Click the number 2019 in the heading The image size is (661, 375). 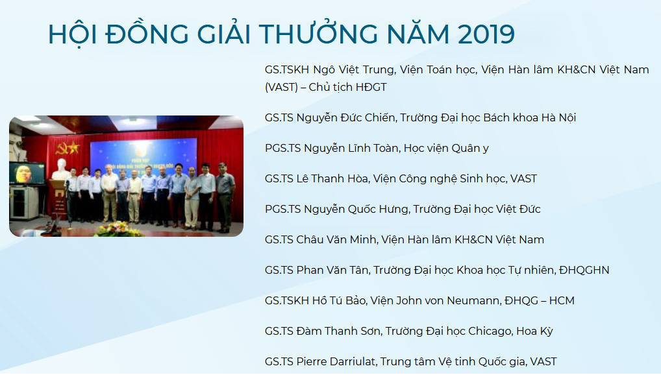point(486,34)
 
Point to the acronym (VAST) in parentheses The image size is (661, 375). point(281,87)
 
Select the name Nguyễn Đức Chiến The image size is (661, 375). point(346,117)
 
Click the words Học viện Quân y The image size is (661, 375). point(446,149)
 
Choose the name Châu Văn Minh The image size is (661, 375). point(336,239)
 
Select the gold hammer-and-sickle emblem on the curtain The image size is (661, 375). point(63,148)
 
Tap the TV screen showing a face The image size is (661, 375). point(27,173)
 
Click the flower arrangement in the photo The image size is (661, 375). point(115,229)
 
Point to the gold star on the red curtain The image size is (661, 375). point(74,147)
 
